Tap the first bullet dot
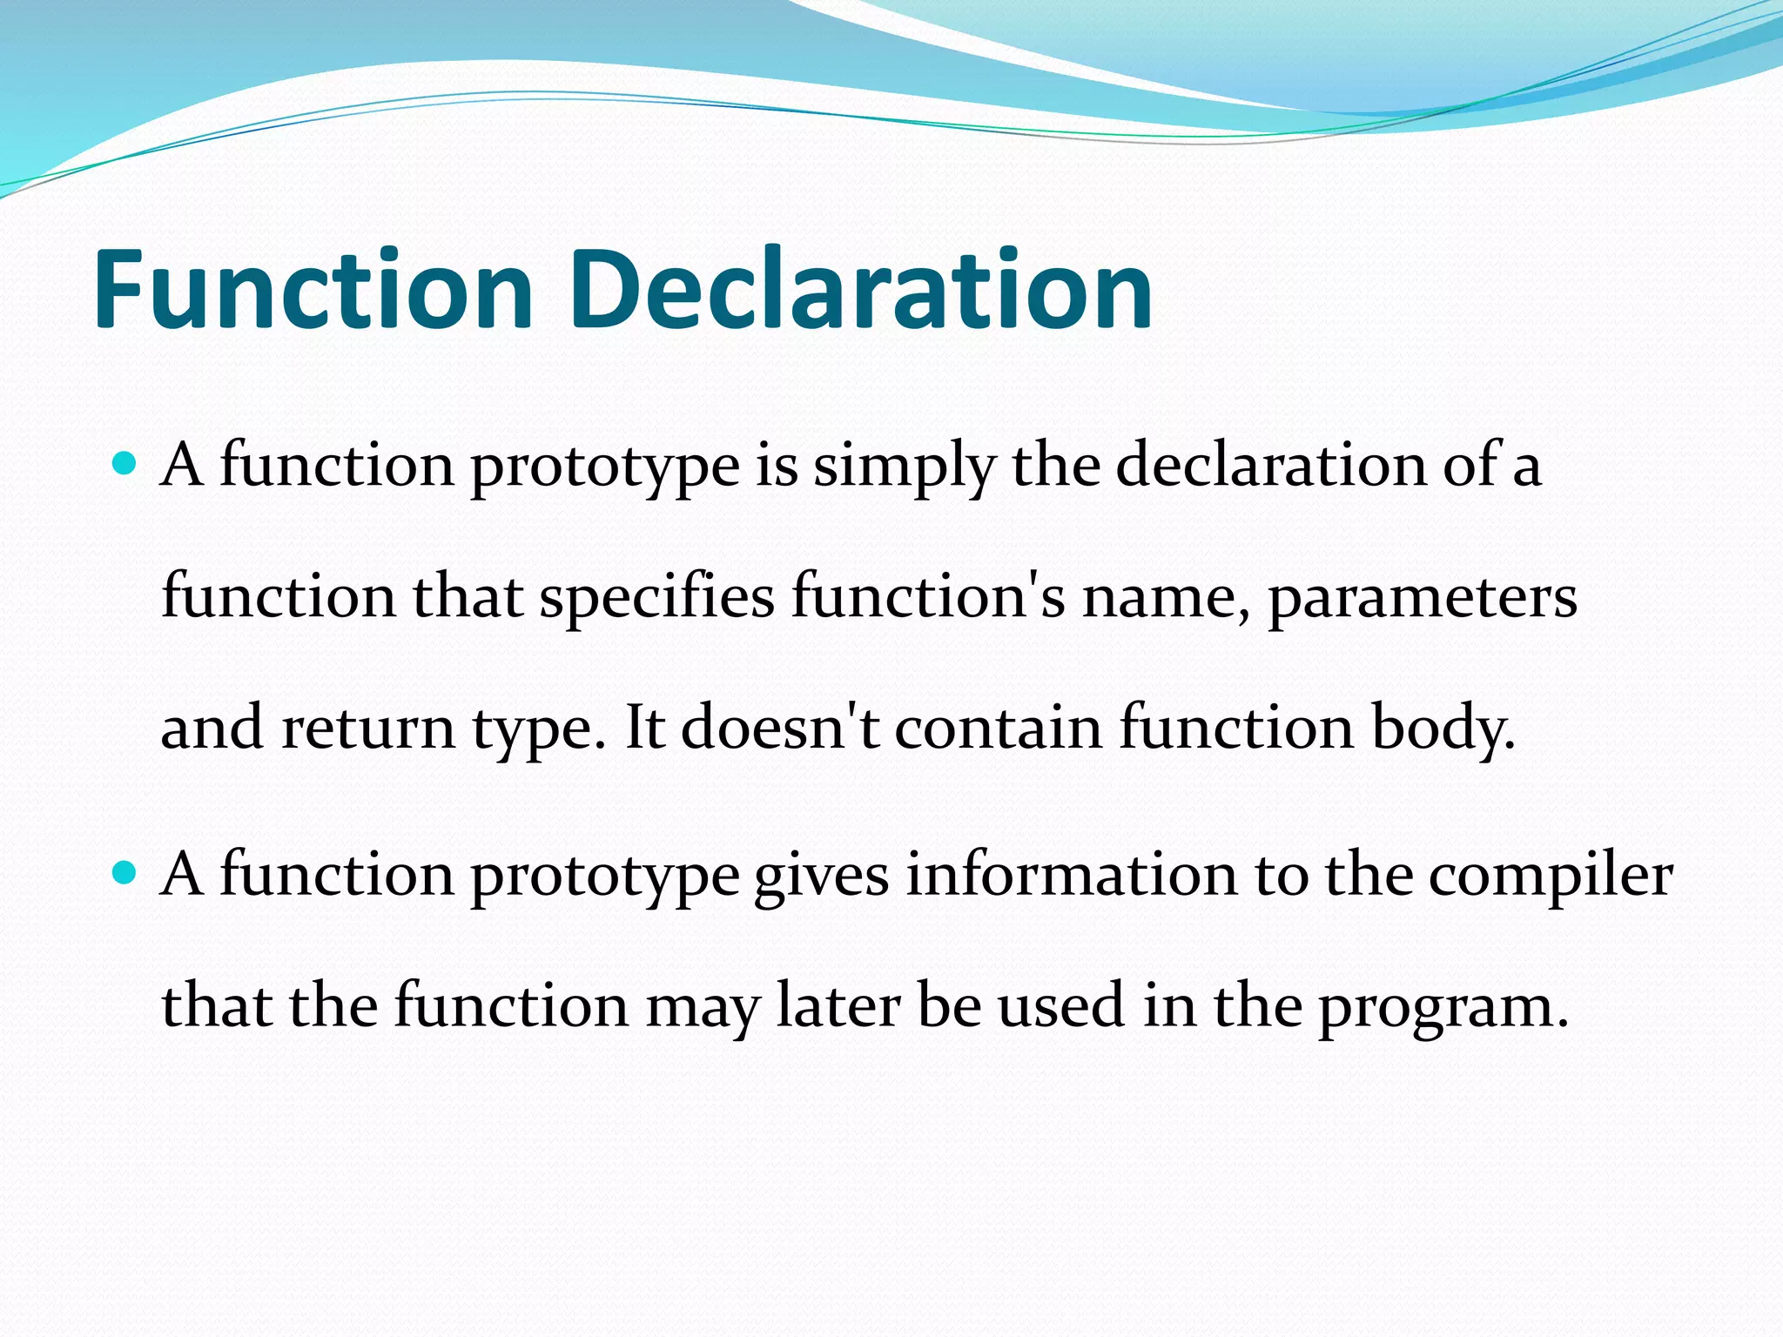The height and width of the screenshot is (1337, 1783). point(125,462)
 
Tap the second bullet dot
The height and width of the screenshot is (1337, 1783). point(125,871)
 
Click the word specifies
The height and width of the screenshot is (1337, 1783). point(656,598)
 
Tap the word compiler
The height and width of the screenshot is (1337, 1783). point(1551,877)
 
